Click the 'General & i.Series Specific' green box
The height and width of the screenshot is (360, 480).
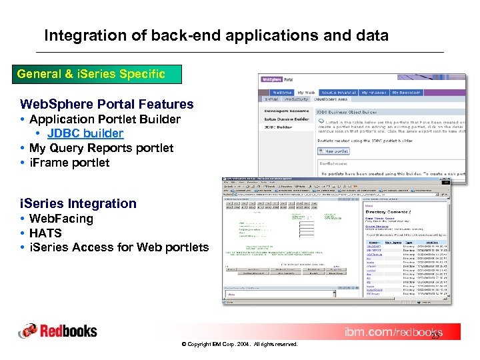[91, 74]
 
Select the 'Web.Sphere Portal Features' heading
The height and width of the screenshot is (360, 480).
[107, 104]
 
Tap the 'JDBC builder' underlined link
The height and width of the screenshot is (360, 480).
[85, 133]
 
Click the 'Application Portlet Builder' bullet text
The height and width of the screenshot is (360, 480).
[105, 119]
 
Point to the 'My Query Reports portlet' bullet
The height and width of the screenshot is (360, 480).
[101, 148]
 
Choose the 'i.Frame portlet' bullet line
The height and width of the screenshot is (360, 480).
[69, 163]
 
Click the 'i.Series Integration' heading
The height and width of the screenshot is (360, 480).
[78, 203]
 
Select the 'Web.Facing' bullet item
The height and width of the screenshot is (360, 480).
[61, 219]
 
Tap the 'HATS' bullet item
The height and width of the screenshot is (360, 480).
[45, 233]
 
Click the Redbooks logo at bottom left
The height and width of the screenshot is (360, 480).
[58, 331]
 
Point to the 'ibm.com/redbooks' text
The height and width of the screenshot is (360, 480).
[393, 332]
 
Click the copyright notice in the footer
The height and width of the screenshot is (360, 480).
[239, 344]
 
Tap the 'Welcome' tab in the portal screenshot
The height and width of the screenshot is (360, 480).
[282, 93]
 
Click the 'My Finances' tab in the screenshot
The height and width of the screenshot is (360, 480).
[375, 93]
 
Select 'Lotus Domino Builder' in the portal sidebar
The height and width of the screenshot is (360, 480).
[287, 119]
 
